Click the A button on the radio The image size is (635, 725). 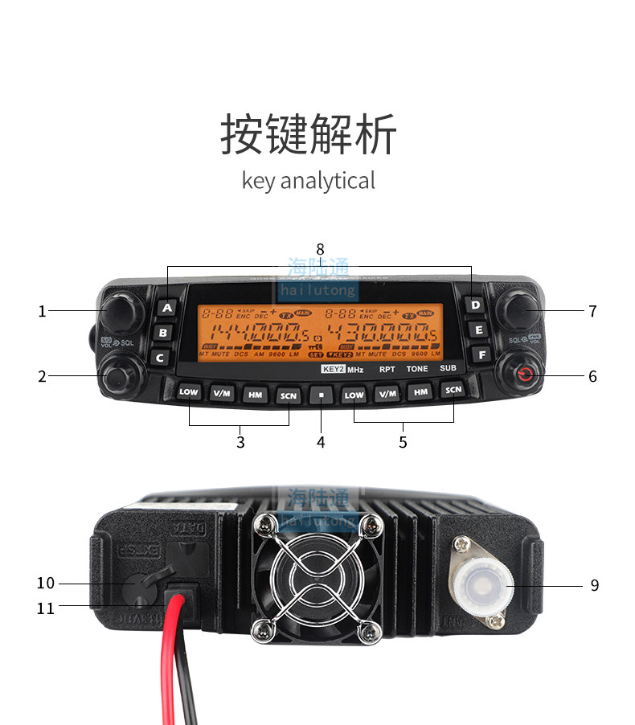click(x=166, y=307)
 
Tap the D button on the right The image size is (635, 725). click(x=476, y=305)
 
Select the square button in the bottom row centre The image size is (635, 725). click(x=321, y=395)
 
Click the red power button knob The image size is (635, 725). click(x=523, y=374)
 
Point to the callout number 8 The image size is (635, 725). click(x=320, y=249)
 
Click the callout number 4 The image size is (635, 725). click(x=321, y=441)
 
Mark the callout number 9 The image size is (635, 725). click(x=594, y=585)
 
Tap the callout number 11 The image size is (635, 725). click(x=46, y=608)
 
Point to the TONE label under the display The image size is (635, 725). click(x=417, y=369)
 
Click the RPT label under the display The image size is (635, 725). click(x=387, y=369)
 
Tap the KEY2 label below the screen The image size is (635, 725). click(x=332, y=369)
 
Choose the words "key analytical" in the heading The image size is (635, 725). click(x=309, y=181)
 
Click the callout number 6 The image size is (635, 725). click(x=592, y=376)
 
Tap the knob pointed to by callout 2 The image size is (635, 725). click(x=117, y=375)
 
